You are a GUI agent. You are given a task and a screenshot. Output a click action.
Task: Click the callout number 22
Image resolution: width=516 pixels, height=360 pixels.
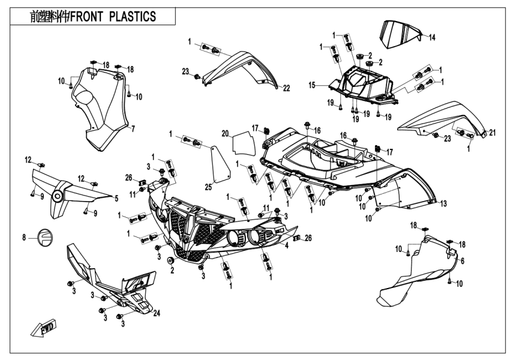286,88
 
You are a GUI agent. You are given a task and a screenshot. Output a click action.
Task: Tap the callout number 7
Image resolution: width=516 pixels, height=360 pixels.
133,128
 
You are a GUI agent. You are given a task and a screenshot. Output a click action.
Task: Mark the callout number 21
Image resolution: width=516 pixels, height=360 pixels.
492,133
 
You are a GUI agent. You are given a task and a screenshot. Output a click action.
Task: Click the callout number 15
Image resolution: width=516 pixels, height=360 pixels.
311,86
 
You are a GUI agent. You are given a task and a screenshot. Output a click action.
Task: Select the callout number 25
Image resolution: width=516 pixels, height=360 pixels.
208,187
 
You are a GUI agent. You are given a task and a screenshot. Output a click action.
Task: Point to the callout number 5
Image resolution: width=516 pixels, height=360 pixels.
116,198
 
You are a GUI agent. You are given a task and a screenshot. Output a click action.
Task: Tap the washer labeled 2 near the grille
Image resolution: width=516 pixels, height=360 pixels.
170,260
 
